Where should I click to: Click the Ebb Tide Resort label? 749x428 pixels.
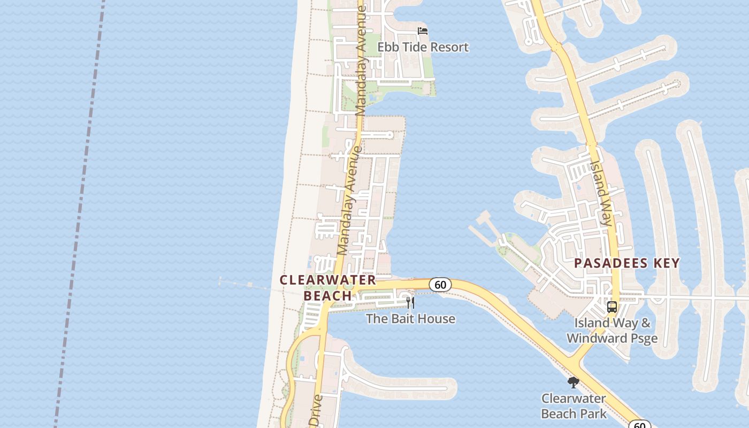click(423, 47)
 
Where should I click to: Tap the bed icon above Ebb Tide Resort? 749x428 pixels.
click(423, 30)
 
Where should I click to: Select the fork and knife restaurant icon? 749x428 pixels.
click(410, 303)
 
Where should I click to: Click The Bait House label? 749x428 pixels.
click(410, 319)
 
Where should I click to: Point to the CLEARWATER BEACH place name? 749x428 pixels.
click(328, 288)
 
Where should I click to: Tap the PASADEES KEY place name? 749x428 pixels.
click(627, 263)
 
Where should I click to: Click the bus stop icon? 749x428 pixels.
click(612, 307)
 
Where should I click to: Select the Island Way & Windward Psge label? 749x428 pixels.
click(612, 331)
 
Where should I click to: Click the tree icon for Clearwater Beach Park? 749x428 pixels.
click(574, 383)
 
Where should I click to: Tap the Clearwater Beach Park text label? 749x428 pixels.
click(574, 406)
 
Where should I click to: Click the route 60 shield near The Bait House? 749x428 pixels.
click(440, 285)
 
